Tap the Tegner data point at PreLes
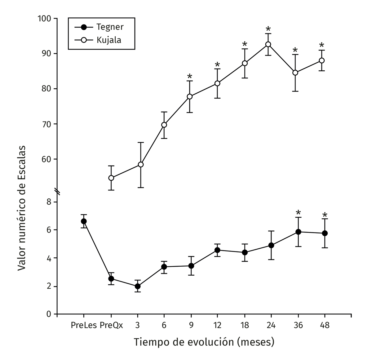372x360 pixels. pos(84,221)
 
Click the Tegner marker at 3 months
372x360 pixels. pos(138,286)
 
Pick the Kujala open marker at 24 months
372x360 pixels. pos(268,44)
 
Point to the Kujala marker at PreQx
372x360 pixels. pos(111,178)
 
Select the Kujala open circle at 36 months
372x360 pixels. pos(295,73)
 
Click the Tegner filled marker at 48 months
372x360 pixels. pos(325,233)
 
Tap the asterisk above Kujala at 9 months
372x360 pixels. pos(190,77)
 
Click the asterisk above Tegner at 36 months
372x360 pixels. pos(298,213)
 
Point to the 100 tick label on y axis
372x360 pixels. pos(44,19)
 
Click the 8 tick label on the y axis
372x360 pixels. pos(48,202)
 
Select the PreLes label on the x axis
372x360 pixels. pos(83,326)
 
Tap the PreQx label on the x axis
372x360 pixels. pos(111,326)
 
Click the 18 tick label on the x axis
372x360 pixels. pos(245,326)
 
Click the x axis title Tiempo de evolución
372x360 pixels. pos(204,342)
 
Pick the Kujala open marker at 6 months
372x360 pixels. pos(164,125)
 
